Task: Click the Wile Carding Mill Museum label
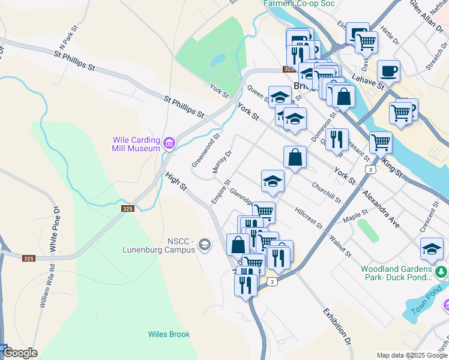pos(136,144)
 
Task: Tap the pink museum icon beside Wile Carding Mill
pos(169,143)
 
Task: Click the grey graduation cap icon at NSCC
pos(205,244)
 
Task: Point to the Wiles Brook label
pos(169,334)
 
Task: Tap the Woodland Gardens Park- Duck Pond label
pos(397,273)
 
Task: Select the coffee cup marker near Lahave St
pos(388,71)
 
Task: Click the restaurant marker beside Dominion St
pos(337,139)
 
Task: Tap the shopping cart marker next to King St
pos(381,142)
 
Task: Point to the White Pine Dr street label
pos(54,230)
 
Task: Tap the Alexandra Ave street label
pos(381,208)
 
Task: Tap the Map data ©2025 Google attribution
pos(412,355)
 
